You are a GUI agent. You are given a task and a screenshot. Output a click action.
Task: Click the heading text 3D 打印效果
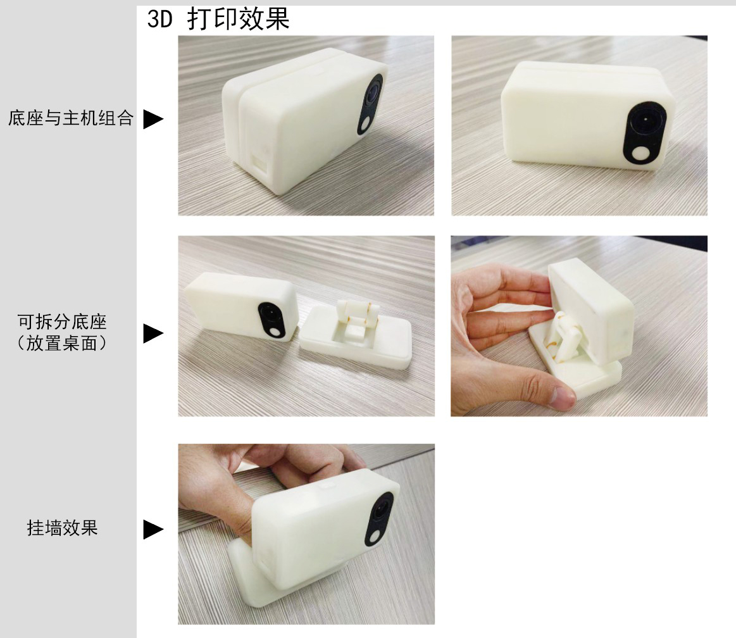point(218,20)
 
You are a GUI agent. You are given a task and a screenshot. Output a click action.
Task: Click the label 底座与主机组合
point(70,118)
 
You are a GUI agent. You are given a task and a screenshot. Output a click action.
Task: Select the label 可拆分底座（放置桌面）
point(62,332)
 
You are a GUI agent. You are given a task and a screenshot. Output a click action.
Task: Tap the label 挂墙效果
point(62,528)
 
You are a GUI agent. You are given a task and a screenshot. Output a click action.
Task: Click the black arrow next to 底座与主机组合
point(153,119)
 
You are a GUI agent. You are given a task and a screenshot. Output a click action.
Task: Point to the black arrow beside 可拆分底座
point(153,333)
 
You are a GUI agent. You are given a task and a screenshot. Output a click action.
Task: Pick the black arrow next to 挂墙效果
point(153,529)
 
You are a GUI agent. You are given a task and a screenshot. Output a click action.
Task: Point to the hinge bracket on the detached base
point(358,316)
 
